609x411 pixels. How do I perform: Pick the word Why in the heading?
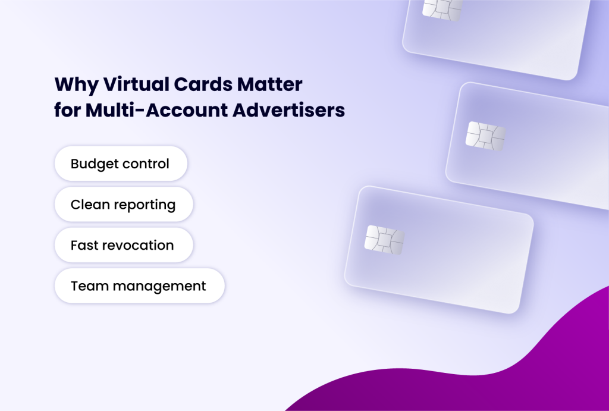[76, 84]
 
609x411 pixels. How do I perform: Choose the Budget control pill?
[121, 164]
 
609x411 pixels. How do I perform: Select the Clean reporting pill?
[124, 205]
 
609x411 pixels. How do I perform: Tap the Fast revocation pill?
[123, 245]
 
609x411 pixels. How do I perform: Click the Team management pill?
[139, 286]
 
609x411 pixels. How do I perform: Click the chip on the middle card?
[485, 136]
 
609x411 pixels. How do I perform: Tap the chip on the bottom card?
[384, 239]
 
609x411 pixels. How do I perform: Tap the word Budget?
[95, 164]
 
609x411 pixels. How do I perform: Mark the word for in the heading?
[67, 111]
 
